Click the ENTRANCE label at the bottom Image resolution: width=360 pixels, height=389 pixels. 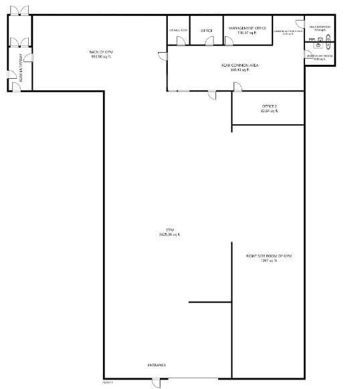click(157, 365)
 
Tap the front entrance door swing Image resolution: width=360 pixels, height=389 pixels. click(156, 382)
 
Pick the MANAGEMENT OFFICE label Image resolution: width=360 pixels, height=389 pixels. click(248, 28)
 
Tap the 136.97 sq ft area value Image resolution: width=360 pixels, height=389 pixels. click(248, 33)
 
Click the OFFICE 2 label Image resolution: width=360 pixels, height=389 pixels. click(270, 106)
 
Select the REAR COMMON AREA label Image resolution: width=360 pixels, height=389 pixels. click(240, 65)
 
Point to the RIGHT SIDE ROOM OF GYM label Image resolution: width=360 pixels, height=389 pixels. click(270, 256)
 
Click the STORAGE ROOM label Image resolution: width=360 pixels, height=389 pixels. click(178, 30)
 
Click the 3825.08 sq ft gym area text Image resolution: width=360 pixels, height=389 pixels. click(169, 234)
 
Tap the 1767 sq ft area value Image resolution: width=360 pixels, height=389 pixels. click(270, 261)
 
